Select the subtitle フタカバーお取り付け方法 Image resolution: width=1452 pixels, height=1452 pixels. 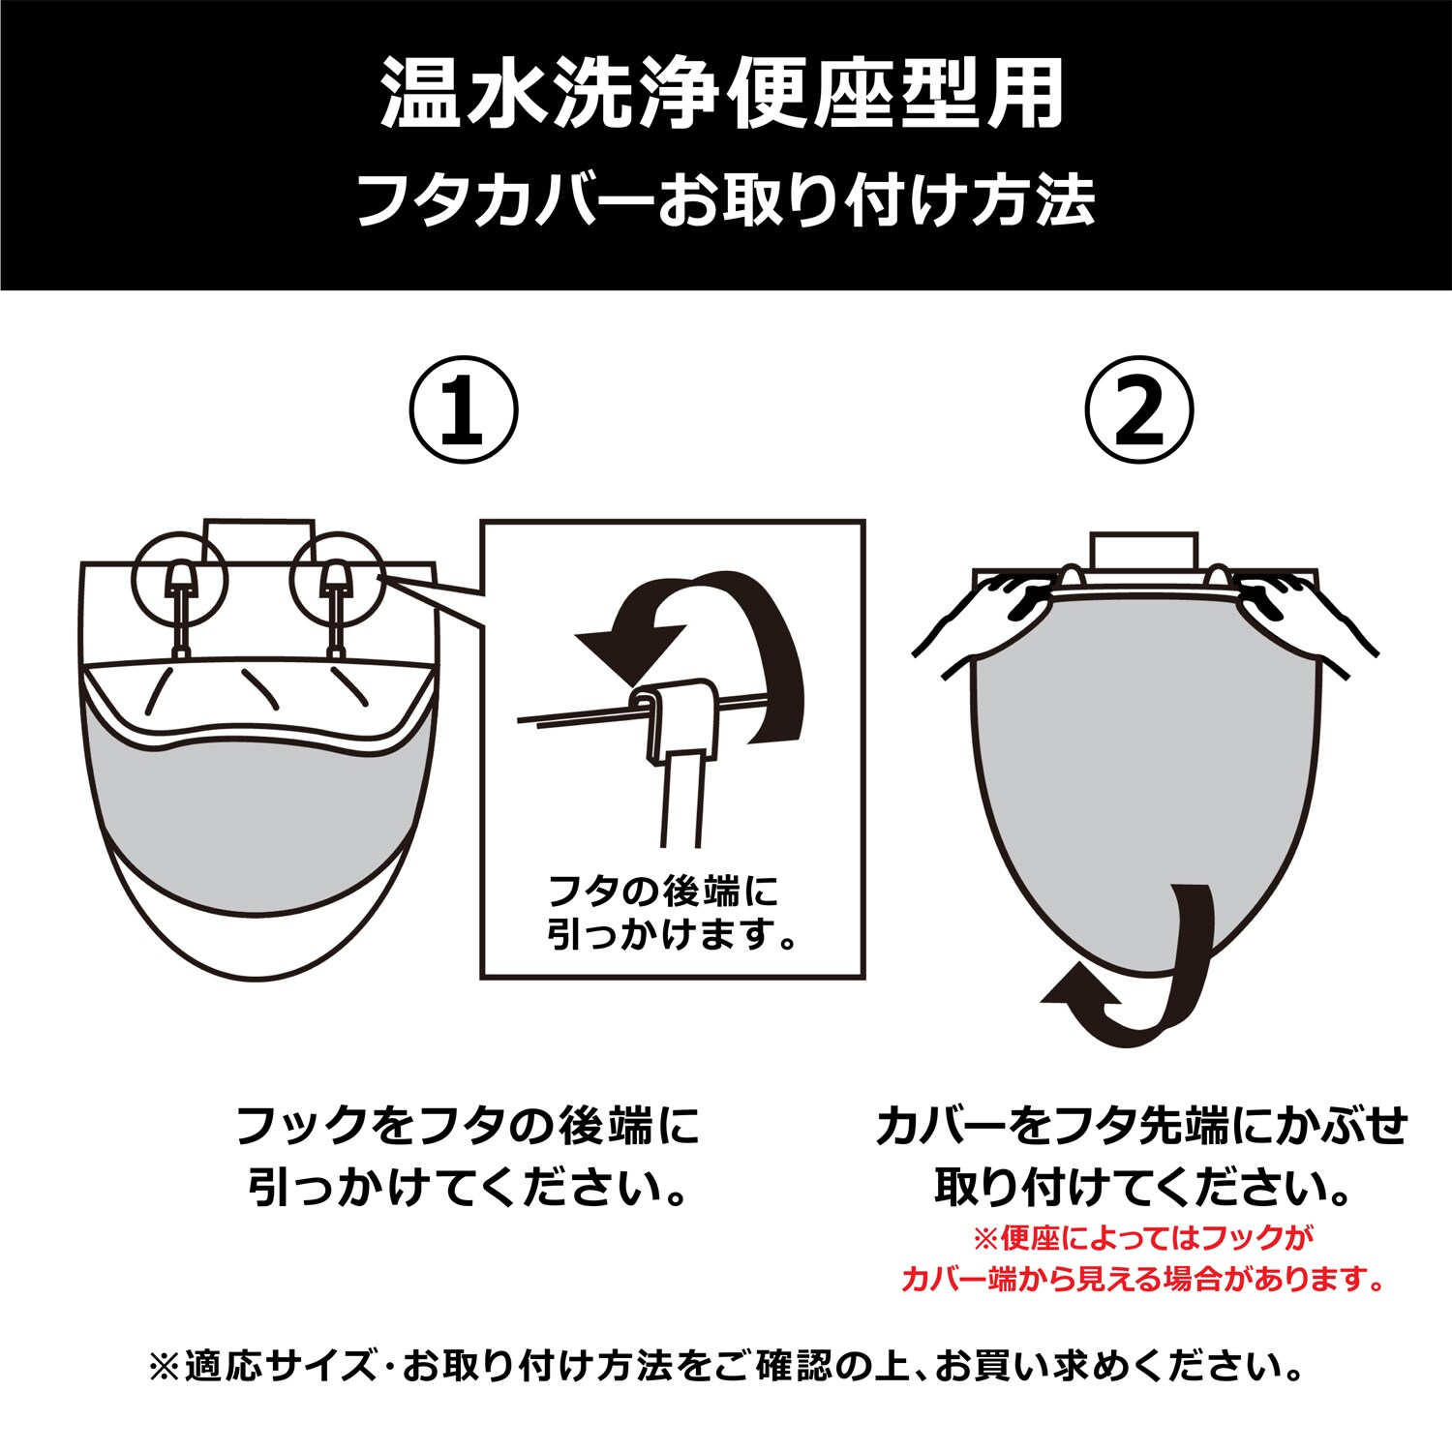click(726, 201)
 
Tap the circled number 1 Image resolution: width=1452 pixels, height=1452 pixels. click(464, 410)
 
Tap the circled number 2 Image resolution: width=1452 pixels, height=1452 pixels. click(1138, 410)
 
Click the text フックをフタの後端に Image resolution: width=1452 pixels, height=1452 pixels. click(468, 1126)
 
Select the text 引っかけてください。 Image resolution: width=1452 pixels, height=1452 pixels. click(468, 1188)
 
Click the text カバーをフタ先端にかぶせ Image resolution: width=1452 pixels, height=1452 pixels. click(1141, 1126)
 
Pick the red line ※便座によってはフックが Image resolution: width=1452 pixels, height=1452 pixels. click(1143, 1237)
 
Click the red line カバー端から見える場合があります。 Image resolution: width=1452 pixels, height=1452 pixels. click(1143, 1280)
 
